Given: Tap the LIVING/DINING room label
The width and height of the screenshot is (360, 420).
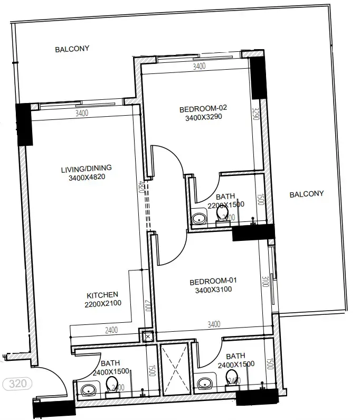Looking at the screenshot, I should click(87, 169).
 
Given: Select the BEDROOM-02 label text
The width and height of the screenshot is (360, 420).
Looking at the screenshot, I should click(202, 109).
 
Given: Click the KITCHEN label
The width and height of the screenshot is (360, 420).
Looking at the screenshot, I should click(102, 295).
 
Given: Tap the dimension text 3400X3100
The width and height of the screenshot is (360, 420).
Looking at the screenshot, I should click(213, 290).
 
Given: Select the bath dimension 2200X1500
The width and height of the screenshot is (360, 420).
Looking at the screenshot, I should click(225, 206).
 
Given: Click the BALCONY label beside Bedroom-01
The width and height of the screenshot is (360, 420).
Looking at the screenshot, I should click(306, 194).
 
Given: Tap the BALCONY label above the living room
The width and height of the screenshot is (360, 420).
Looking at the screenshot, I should click(72, 49).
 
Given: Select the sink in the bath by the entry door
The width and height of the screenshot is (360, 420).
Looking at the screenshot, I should click(88, 390).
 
